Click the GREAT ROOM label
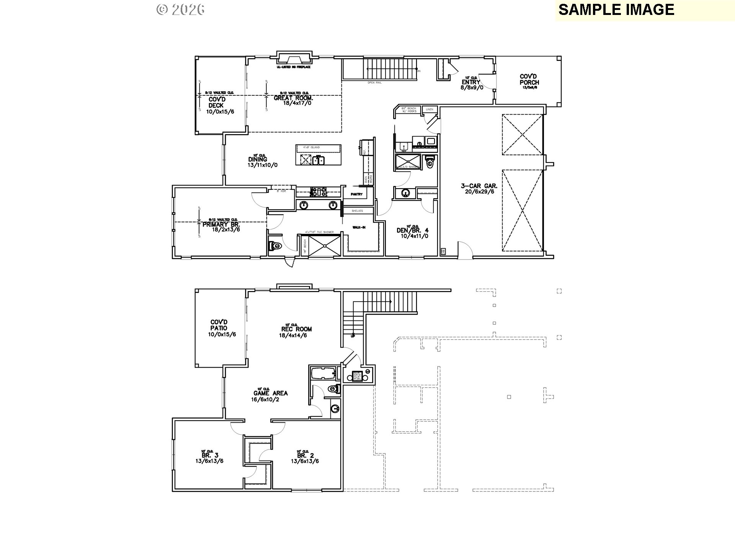pyautogui.click(x=293, y=98)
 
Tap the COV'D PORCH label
pyautogui.click(x=529, y=79)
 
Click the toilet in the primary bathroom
pyautogui.click(x=276, y=246)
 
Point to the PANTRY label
pyautogui.click(x=356, y=194)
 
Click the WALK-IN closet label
pyautogui.click(x=359, y=227)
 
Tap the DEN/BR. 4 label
pyautogui.click(x=412, y=230)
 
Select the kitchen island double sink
pyautogui.click(x=318, y=160)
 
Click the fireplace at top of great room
pyautogui.click(x=294, y=59)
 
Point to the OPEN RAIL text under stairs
pyautogui.click(x=374, y=82)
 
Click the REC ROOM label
pyautogui.click(x=296, y=329)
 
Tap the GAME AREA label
pyautogui.click(x=270, y=393)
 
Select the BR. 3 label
pyautogui.click(x=206, y=455)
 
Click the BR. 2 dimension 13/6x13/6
pyautogui.click(x=305, y=461)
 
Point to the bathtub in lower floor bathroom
pyautogui.click(x=323, y=373)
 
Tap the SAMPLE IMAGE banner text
pyautogui.click(x=616, y=10)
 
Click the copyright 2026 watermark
pyautogui.click(x=180, y=10)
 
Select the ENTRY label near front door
pyautogui.click(x=470, y=82)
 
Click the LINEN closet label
pyautogui.click(x=430, y=110)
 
